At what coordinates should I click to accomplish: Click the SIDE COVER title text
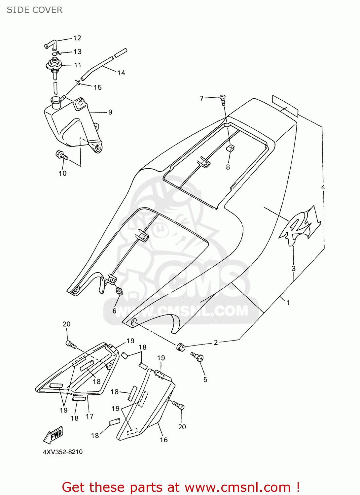click(34, 10)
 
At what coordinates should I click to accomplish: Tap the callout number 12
click(77, 38)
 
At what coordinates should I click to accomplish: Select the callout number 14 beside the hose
click(121, 73)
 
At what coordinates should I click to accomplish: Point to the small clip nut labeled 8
click(230, 148)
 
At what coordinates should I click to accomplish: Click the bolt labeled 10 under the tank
click(62, 155)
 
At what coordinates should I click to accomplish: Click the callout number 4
click(323, 187)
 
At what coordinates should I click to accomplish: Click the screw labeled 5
click(198, 356)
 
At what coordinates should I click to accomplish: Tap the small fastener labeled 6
click(119, 291)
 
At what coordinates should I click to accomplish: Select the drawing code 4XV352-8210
click(63, 452)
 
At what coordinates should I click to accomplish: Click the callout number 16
click(164, 440)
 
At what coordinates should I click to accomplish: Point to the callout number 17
click(90, 416)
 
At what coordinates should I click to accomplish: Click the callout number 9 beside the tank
click(110, 112)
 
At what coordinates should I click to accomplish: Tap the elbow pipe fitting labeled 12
click(50, 44)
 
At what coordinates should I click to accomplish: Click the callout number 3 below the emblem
click(293, 269)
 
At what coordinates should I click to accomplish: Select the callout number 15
click(97, 87)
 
